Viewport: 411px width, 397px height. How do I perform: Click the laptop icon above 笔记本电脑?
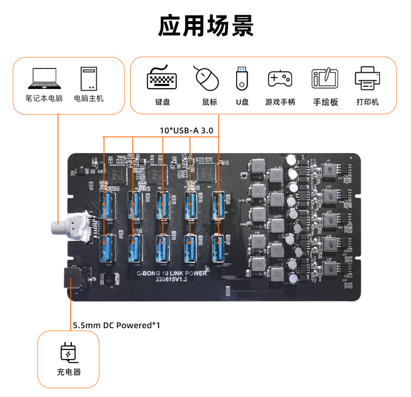(x=44, y=79)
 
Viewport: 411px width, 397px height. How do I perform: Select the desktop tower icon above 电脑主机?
(x=89, y=79)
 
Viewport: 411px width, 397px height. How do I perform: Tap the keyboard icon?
(x=162, y=78)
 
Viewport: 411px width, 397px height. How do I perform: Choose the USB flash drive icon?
(x=242, y=78)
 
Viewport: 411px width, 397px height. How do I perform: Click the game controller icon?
(x=279, y=79)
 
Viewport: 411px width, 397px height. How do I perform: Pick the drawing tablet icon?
(x=325, y=79)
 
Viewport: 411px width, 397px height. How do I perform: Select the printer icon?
(x=368, y=78)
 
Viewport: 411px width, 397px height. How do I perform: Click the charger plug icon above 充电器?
(x=68, y=353)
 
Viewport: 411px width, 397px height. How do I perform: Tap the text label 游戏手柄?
(x=280, y=102)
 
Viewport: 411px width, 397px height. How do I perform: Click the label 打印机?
(x=368, y=102)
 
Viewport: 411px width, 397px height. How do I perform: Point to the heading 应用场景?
(x=205, y=26)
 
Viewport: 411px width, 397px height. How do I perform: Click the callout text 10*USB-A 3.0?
(x=186, y=130)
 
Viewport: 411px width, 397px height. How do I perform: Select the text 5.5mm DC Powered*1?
(x=116, y=325)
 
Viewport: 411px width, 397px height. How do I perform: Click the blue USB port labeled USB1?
(x=109, y=205)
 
